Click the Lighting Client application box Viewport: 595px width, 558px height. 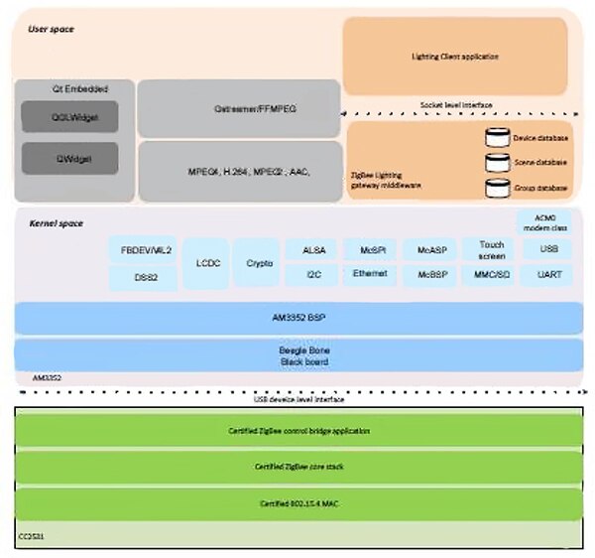(x=455, y=58)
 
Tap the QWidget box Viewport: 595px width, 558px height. (x=69, y=159)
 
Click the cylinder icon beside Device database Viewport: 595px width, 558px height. (x=497, y=139)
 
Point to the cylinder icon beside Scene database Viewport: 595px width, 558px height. (x=497, y=162)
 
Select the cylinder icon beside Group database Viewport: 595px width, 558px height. (x=497, y=187)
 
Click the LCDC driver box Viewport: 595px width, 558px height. (x=205, y=263)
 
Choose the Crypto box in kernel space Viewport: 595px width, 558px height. (x=256, y=263)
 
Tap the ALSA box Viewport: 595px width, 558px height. (x=311, y=249)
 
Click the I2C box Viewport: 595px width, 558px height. (x=311, y=274)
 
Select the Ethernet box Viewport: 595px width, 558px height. (x=370, y=274)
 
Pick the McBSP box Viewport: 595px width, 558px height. (x=430, y=274)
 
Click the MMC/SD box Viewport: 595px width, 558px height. (x=491, y=274)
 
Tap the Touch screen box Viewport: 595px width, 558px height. (x=491, y=249)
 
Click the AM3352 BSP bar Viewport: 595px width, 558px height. (x=297, y=318)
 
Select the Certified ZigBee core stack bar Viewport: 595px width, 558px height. (x=297, y=467)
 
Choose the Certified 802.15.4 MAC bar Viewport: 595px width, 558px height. (x=297, y=503)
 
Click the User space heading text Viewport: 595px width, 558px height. (x=51, y=30)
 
